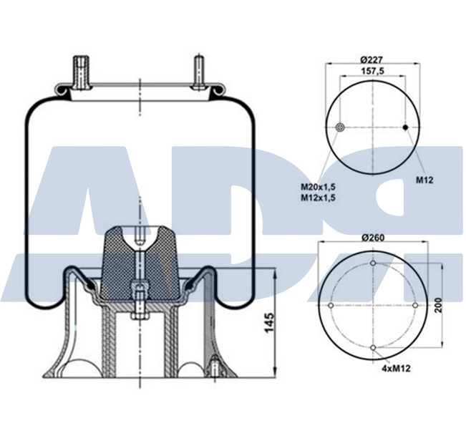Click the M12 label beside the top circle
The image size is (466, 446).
(x=425, y=180)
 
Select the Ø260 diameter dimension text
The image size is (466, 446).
(x=373, y=237)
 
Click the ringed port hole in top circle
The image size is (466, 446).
(x=341, y=127)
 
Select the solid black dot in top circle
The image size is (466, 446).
(x=405, y=127)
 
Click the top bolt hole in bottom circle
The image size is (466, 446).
(x=374, y=264)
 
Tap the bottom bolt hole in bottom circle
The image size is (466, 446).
(x=374, y=349)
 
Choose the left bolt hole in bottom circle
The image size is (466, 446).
(x=331, y=306)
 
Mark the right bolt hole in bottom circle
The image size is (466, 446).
(x=416, y=306)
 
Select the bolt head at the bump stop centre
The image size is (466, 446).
(x=138, y=291)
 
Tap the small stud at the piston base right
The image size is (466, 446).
(x=214, y=367)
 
